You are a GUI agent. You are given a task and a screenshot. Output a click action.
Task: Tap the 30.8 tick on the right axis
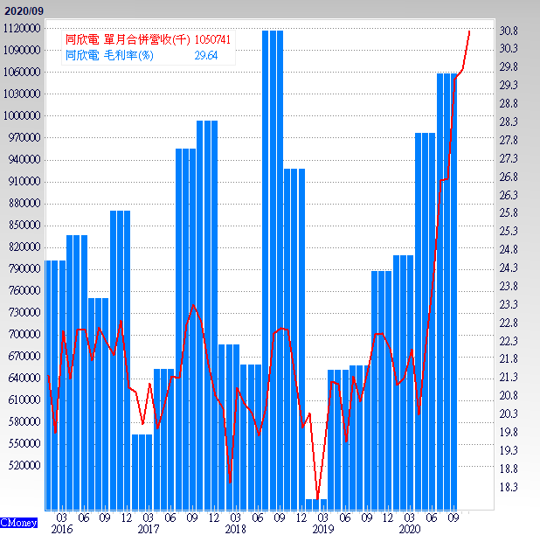tap(509, 31)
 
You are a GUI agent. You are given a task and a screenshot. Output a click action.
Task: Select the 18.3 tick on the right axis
tap(509, 487)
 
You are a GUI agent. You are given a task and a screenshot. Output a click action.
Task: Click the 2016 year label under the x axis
tap(61, 529)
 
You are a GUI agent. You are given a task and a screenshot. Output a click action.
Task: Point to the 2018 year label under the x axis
tap(235, 529)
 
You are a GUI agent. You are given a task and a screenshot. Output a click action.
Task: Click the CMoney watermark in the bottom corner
tap(18, 523)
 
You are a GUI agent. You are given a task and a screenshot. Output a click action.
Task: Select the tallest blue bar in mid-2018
tap(273, 262)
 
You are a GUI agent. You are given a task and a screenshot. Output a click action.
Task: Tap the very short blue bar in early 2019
tap(316, 504)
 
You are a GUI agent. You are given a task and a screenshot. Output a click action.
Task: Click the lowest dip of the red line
tap(317, 498)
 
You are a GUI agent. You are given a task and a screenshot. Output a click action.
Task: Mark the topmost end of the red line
tap(470, 31)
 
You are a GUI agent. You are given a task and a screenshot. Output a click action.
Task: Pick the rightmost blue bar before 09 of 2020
tap(447, 288)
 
